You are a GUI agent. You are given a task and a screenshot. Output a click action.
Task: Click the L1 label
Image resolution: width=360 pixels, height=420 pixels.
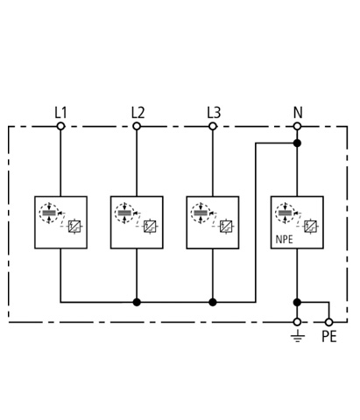tap(60, 113)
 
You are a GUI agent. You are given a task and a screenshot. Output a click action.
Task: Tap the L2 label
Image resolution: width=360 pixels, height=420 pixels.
tap(138, 113)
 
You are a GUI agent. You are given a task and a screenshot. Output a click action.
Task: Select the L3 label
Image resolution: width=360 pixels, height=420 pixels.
tap(214, 113)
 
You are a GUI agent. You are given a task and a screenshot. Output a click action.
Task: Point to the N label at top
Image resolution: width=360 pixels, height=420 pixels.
tap(298, 113)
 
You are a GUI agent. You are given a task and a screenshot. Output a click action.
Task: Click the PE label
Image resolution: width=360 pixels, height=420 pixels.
tap(329, 336)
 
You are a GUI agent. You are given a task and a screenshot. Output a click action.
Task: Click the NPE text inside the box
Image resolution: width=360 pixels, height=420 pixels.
tap(284, 240)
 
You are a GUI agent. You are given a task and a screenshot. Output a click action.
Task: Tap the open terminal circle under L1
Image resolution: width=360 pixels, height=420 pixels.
tap(60, 126)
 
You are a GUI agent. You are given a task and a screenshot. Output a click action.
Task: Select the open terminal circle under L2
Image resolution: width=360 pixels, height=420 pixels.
tap(137, 126)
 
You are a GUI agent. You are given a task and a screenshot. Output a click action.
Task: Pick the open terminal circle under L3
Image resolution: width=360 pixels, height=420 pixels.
tap(213, 126)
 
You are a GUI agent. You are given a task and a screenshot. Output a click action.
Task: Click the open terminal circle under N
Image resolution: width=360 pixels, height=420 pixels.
tap(297, 126)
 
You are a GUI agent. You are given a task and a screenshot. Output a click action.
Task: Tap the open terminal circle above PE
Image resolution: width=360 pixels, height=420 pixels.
tap(329, 322)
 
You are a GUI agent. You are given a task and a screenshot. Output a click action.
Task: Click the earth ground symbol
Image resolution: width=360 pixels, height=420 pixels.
tap(298, 336)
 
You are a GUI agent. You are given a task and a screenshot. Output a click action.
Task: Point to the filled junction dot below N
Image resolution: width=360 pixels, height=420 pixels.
tap(297, 143)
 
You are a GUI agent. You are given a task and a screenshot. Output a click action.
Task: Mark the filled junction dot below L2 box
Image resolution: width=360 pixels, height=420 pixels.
tap(137, 302)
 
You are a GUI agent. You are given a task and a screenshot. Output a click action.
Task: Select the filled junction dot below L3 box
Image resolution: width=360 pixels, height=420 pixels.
tap(213, 302)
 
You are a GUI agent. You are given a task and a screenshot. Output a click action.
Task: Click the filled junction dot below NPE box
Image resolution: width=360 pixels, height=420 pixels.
tap(297, 302)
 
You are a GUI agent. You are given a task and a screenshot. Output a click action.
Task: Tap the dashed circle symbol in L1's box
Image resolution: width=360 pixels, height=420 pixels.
tap(49, 213)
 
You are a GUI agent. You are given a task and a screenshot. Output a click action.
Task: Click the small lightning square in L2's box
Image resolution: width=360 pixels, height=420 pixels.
tap(150, 227)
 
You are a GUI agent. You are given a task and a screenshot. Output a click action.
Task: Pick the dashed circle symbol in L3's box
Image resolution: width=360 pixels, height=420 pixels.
tap(201, 213)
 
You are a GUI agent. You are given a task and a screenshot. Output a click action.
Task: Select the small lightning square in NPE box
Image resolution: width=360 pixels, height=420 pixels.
tap(310, 227)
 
